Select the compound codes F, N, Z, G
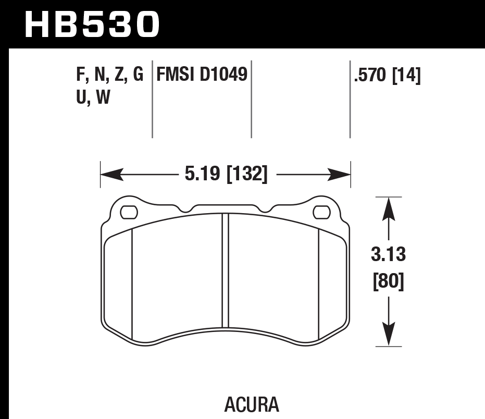tap(109, 76)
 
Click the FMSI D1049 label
tap(202, 76)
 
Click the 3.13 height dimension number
tap(389, 255)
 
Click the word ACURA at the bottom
tap(252, 404)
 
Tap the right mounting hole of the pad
tap(321, 212)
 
